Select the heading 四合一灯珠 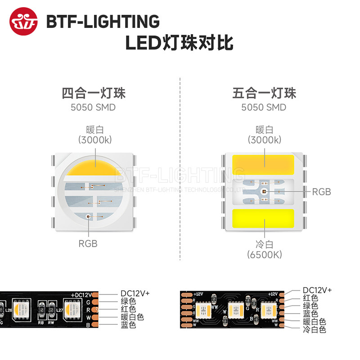[x=93, y=94]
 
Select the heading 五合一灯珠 [x=264, y=94]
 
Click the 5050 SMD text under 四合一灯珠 [x=93, y=108]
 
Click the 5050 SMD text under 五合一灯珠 [x=264, y=108]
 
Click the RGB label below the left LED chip [x=88, y=244]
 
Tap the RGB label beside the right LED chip [x=321, y=192]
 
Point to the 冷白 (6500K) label [x=264, y=249]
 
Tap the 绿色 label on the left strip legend [x=128, y=301]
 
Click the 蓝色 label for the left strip [x=128, y=325]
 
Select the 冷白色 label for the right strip [x=315, y=329]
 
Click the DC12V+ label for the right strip [x=317, y=290]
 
